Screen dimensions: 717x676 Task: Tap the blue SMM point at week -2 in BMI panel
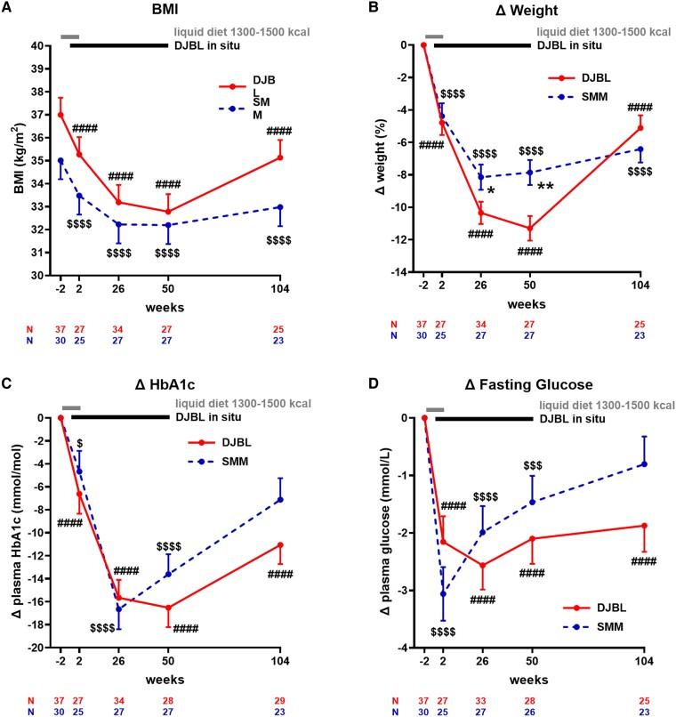coord(60,161)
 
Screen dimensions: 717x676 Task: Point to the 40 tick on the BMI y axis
coord(43,45)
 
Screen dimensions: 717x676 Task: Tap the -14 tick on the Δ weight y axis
coord(401,272)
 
